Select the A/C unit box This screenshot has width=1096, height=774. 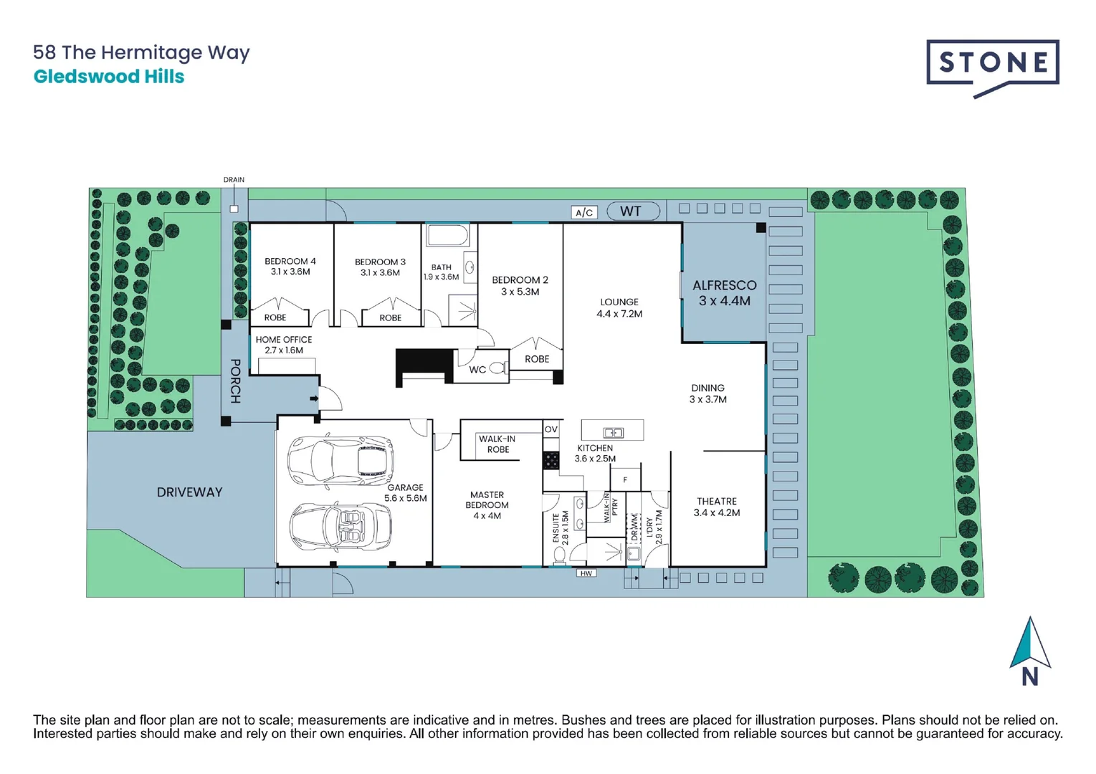pos(584,212)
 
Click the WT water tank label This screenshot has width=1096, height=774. pos(631,211)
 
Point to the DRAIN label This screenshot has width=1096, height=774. pos(234,180)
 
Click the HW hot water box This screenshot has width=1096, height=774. pos(586,573)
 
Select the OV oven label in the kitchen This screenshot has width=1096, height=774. pos(551,429)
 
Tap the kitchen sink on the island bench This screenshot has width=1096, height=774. pos(614,432)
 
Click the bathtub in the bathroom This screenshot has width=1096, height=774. pos(447,235)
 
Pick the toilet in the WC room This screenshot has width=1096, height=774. pos(498,369)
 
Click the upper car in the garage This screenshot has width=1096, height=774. pos(340,460)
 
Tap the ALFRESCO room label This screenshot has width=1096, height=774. pos(724,285)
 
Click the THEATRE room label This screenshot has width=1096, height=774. pos(716,502)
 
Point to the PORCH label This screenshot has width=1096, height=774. pos(235,381)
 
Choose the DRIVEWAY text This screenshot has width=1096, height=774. pos(189,492)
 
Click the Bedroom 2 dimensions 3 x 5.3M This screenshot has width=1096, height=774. pos(520,292)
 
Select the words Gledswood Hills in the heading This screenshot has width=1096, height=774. pos(109,77)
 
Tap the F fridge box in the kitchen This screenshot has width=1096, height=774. pos(625,479)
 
